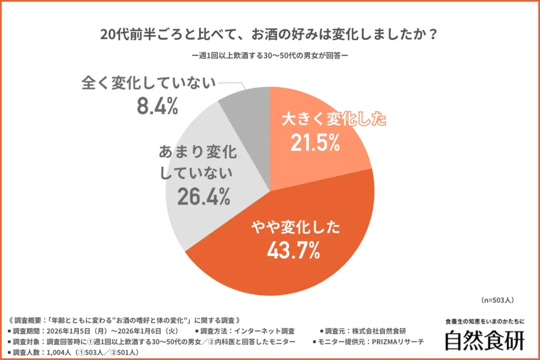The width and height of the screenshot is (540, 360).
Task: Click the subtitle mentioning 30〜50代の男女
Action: [269, 54]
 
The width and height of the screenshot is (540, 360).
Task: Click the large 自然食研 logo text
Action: [484, 340]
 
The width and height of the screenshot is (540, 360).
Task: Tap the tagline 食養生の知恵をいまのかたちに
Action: [485, 321]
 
